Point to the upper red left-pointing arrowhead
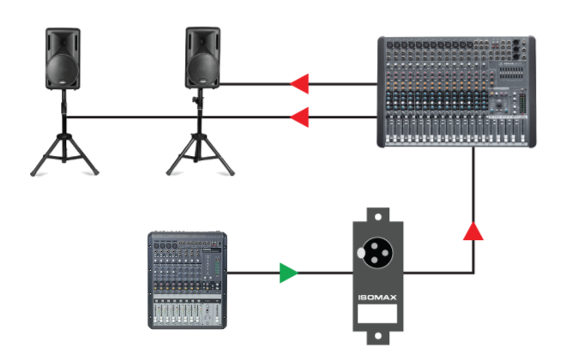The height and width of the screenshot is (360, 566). point(300,84)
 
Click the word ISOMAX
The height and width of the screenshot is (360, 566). point(377,300)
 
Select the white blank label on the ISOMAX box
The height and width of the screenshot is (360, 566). point(377,315)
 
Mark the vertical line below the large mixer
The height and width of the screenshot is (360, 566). point(473,184)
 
